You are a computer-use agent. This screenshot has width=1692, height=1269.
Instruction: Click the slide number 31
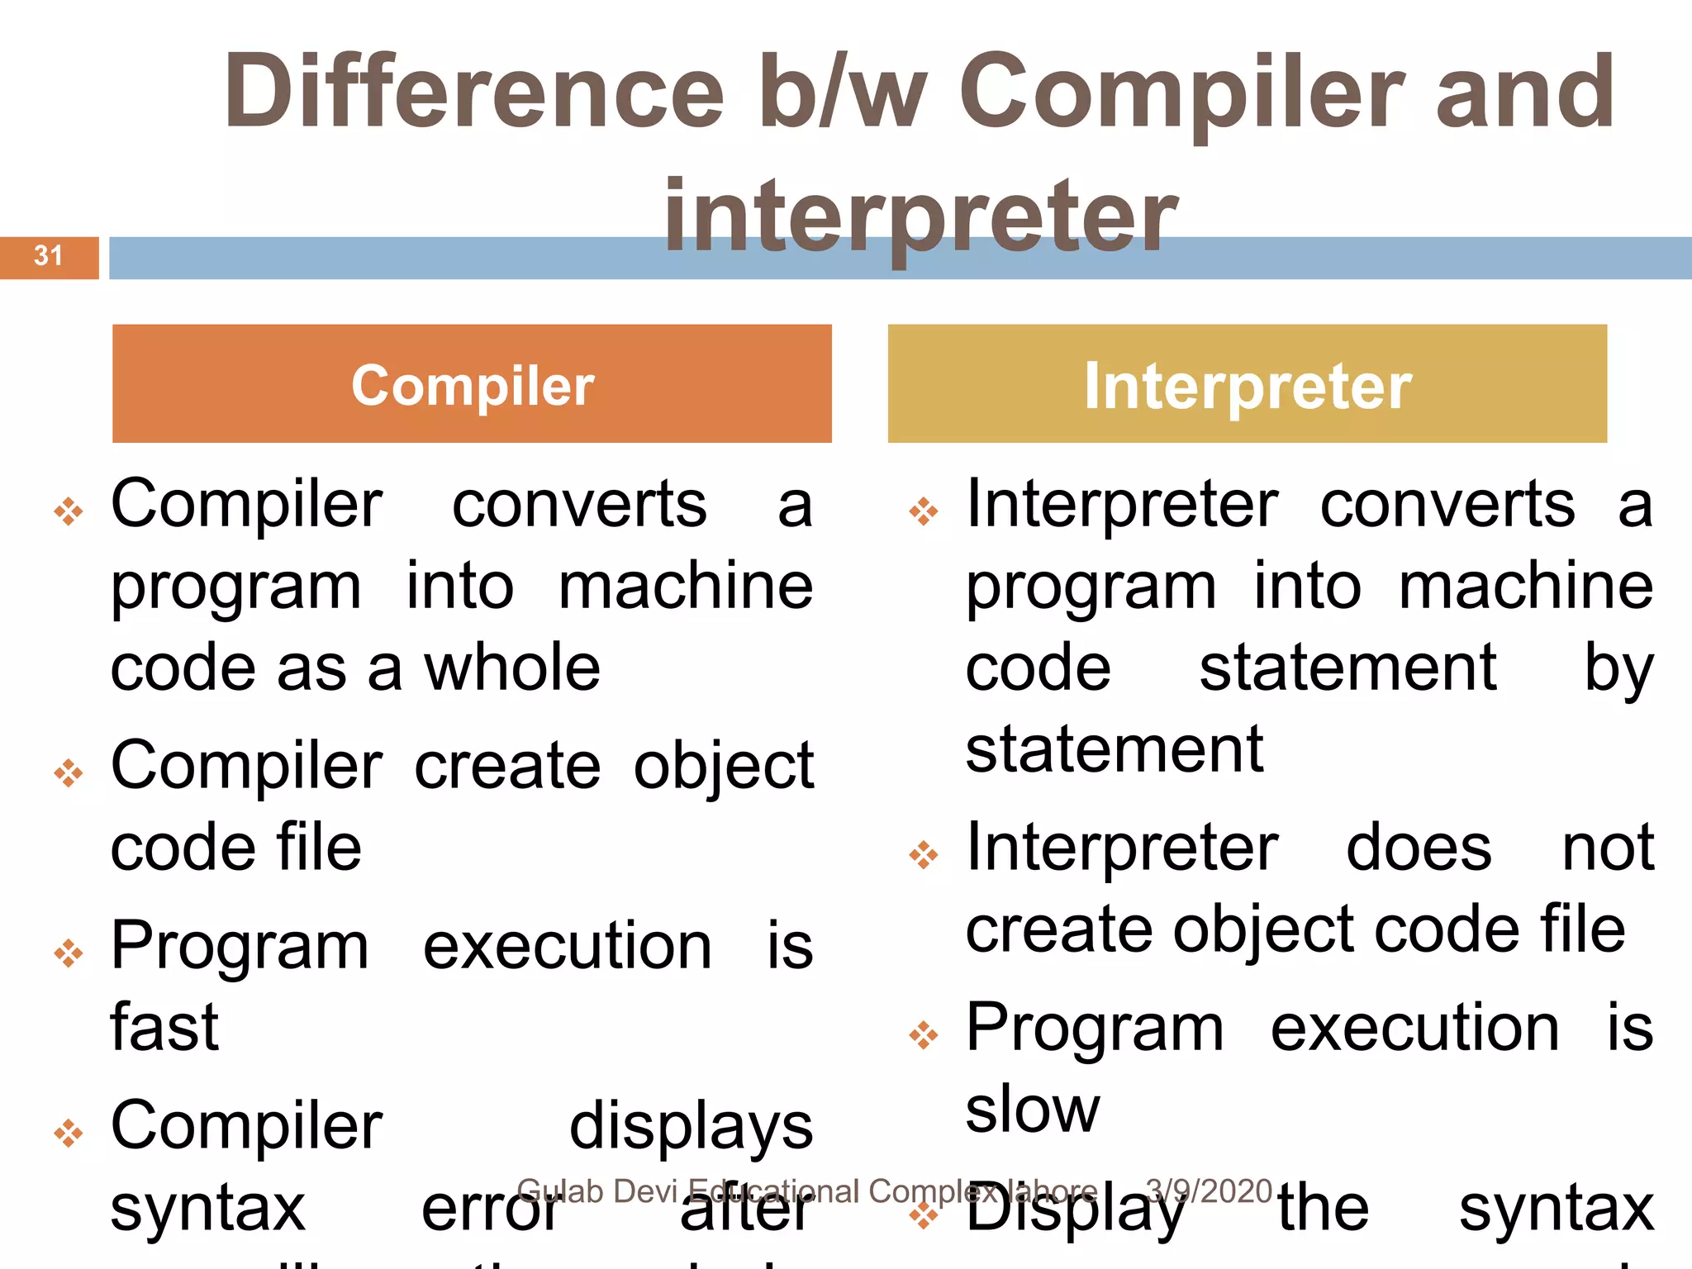(48, 256)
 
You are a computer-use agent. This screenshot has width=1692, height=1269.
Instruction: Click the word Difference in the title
(473, 92)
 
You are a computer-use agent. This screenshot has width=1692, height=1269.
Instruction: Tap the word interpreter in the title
(920, 216)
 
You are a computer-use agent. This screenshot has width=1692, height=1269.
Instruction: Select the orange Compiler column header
(472, 384)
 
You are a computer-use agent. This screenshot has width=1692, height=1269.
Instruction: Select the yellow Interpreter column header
(1247, 384)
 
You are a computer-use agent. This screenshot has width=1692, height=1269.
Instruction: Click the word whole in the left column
(512, 668)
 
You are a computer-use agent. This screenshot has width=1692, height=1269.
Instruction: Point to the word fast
(165, 1027)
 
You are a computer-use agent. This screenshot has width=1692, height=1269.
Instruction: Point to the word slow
(1033, 1109)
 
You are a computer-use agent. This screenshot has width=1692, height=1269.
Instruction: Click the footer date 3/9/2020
(1209, 1191)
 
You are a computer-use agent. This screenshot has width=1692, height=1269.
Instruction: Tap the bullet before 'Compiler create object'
(69, 773)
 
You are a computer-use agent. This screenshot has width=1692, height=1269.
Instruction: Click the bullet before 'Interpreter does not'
(924, 854)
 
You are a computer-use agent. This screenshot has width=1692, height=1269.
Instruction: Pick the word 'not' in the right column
(1608, 848)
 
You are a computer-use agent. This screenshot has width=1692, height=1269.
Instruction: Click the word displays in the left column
(691, 1127)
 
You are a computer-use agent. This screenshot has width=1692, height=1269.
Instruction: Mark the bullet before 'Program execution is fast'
(69, 953)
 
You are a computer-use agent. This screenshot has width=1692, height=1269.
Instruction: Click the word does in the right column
(1419, 848)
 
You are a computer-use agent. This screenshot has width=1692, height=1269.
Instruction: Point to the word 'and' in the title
(1525, 92)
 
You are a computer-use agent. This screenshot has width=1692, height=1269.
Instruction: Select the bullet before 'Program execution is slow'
(924, 1034)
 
